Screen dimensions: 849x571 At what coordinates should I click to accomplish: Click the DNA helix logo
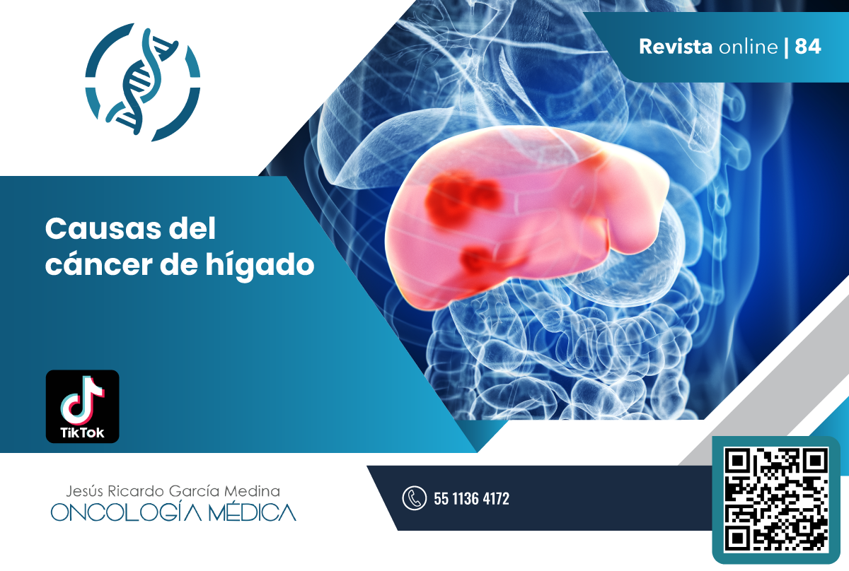click(143, 83)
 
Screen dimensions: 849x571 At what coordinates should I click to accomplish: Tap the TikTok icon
click(82, 406)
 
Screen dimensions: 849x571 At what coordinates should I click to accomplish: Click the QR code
click(776, 500)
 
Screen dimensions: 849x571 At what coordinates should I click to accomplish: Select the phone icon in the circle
click(415, 498)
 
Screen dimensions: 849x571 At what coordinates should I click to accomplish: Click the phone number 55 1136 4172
click(471, 499)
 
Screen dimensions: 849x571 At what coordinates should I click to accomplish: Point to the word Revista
click(676, 47)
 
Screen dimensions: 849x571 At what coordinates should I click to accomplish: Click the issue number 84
click(808, 47)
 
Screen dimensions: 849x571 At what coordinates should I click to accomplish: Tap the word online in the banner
click(749, 47)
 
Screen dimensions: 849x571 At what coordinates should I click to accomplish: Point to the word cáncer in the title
click(99, 264)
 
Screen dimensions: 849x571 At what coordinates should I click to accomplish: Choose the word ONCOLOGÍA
click(126, 512)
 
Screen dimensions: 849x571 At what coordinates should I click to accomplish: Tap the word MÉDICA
click(252, 512)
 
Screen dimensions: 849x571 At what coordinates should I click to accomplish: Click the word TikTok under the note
click(82, 432)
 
